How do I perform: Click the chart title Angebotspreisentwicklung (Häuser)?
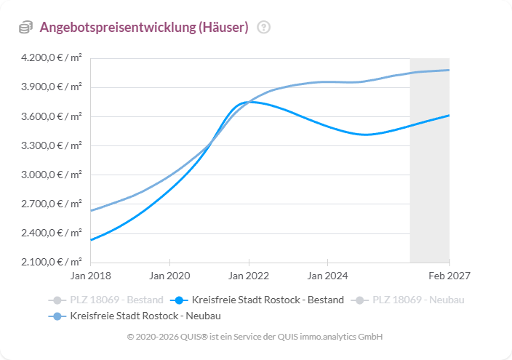(x=144, y=28)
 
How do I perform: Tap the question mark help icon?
(x=264, y=28)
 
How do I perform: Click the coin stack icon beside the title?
(x=25, y=28)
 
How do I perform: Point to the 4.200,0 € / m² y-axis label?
(x=50, y=58)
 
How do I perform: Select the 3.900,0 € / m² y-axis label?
(x=50, y=87)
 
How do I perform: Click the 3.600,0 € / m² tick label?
(x=50, y=116)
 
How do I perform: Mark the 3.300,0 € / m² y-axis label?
(x=50, y=145)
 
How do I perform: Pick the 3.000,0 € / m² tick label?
(x=50, y=175)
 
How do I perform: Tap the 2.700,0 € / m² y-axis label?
(x=50, y=204)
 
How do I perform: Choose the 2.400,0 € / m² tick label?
(x=50, y=233)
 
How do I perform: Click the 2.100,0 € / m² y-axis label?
(x=50, y=262)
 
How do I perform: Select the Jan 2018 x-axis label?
(x=90, y=276)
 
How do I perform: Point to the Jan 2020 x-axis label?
(x=169, y=276)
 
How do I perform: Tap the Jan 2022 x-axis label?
(x=249, y=276)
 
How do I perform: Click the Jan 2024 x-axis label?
(x=328, y=276)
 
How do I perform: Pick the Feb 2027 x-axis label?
(x=449, y=276)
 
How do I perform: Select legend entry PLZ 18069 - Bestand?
(x=105, y=300)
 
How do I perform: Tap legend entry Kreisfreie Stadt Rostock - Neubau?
(x=135, y=316)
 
